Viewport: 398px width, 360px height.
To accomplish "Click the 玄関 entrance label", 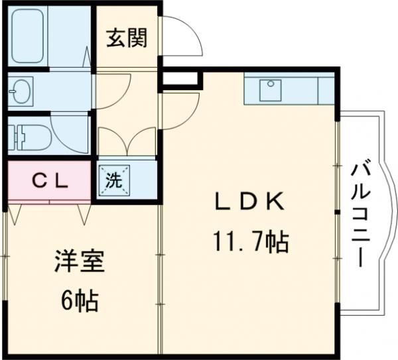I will [x=128, y=38].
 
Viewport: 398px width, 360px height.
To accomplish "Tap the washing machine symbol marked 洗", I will [x=115, y=180].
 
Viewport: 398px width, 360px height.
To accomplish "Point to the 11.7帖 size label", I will [x=251, y=243].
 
